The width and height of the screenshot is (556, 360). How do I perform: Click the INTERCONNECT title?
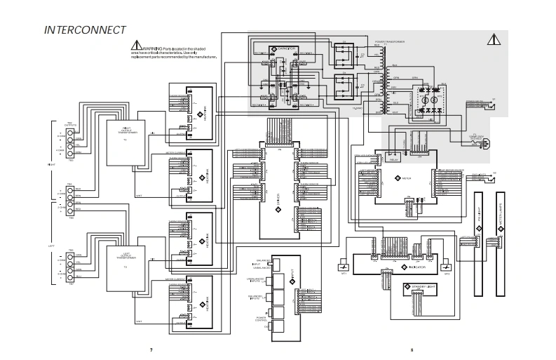coord(85,30)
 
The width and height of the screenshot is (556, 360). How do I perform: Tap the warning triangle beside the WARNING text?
coord(136,46)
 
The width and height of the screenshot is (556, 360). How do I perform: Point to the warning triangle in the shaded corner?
coord(494,39)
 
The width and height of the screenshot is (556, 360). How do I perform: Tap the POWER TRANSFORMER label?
coord(391,43)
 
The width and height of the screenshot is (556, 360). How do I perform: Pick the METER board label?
coord(407,179)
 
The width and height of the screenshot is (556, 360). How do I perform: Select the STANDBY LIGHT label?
coord(421,287)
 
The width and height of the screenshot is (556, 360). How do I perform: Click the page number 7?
coord(151,349)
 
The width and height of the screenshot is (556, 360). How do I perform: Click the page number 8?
coord(412,349)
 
